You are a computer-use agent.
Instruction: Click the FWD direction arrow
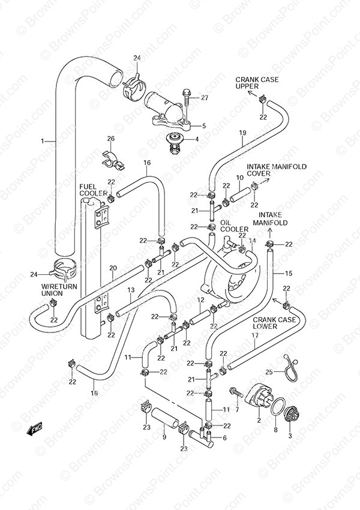pos(34,430)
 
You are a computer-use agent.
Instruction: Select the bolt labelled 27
pos(188,97)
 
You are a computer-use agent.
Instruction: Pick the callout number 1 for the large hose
pos(43,141)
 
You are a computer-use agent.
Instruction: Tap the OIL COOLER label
pos(234,226)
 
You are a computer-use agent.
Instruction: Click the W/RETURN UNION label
pos(59,290)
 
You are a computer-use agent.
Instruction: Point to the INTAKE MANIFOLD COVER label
pos(277,170)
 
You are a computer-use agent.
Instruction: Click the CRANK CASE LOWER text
pos(274,323)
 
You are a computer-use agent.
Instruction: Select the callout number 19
pos(242,133)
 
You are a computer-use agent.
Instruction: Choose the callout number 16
pos(147,163)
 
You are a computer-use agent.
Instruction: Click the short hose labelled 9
pos(165,416)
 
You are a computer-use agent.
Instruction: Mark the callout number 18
pos(94,394)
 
